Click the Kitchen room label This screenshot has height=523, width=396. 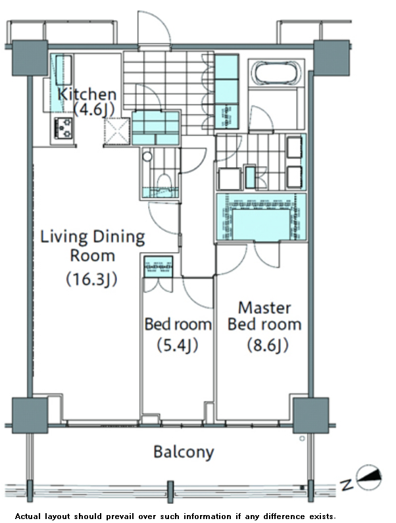coord(87,94)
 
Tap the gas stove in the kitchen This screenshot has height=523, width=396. coord(63,128)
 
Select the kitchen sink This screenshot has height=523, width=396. coord(63,70)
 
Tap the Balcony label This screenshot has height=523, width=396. coord(184,453)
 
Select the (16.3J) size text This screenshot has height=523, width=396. coord(91,279)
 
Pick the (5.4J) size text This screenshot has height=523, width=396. coord(178,345)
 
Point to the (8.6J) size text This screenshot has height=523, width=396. coord(268,345)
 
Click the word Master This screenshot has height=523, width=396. coord(264,308)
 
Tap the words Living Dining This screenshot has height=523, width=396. coord(92,237)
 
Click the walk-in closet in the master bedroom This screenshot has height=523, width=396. coord(261,217)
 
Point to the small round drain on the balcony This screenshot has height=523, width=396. coord(302,439)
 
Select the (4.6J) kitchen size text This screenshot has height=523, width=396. coord(94,109)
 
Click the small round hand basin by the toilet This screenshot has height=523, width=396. coord(147,156)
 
